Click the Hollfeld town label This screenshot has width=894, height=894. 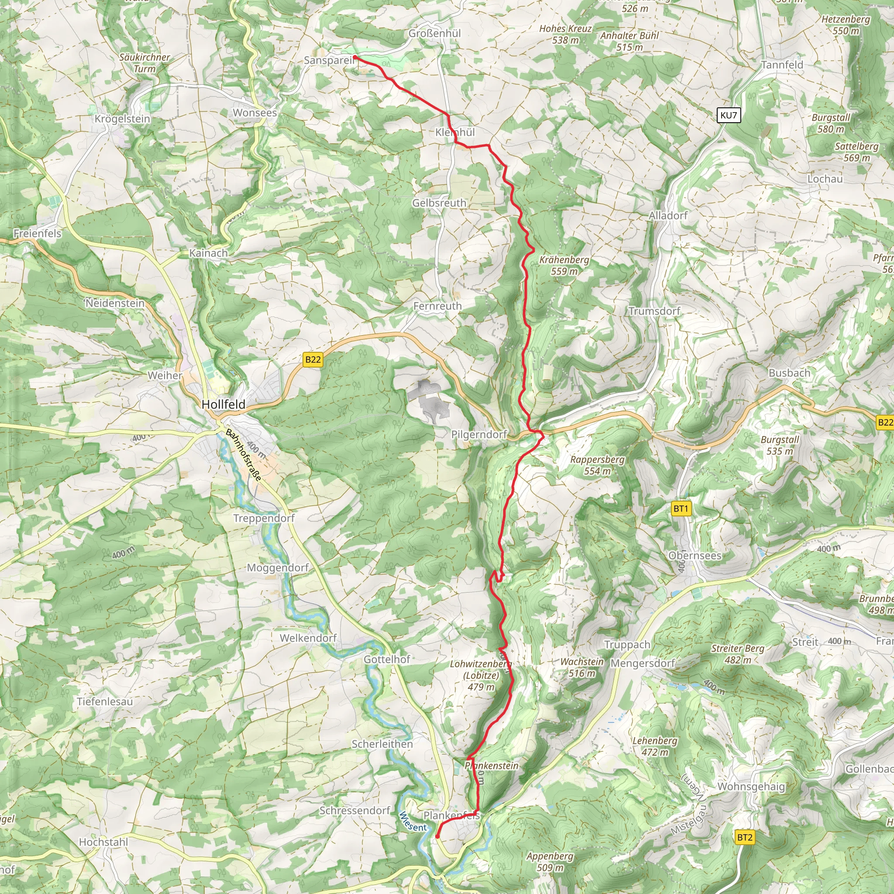coord(223,404)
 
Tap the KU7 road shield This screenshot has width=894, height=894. coord(729,115)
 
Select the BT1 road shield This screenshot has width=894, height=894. coord(681,509)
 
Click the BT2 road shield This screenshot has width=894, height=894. coord(745,837)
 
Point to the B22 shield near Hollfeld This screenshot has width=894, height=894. coord(313,360)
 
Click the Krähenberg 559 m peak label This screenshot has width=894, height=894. coord(564,265)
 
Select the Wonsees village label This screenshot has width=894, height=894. coord(254,113)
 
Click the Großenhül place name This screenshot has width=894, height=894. coord(434,33)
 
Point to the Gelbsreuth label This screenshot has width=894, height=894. coord(439,203)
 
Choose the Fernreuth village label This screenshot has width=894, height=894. coord(437,306)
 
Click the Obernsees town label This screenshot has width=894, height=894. coord(695,555)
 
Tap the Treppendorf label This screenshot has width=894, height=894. coord(264,518)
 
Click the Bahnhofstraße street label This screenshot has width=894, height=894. coord(244,455)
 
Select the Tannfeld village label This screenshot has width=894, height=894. coord(782,65)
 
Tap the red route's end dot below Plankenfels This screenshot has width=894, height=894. coord(437,836)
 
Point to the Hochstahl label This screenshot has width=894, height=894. coord(103,842)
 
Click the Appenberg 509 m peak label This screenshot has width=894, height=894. coord(550,862)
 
